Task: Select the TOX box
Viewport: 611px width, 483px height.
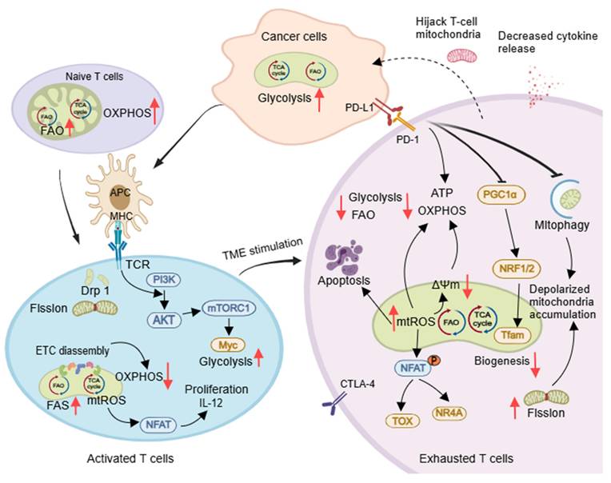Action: tap(397, 419)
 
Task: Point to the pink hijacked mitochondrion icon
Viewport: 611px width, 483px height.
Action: tap(465, 54)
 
